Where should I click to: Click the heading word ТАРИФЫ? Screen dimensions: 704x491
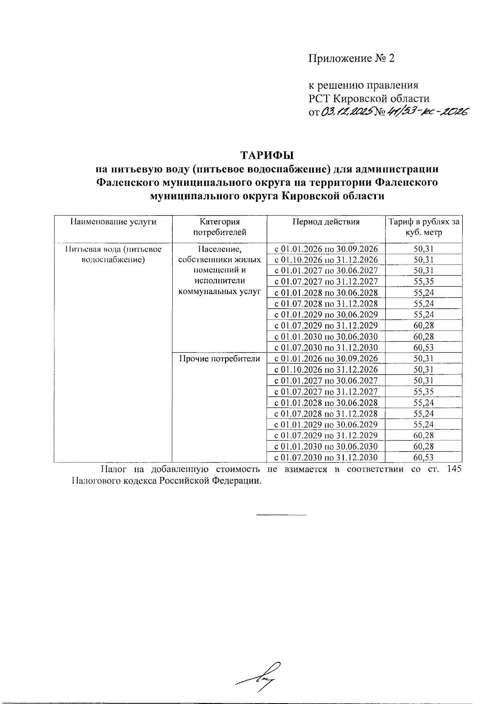267,155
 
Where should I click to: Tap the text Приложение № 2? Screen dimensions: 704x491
351,58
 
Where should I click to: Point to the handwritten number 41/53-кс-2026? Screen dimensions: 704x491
426,111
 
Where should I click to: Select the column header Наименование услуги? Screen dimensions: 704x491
113,222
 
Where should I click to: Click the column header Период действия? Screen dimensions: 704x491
326,222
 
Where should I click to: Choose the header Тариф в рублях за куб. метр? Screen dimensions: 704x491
423,227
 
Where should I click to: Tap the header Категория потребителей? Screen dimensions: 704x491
219,227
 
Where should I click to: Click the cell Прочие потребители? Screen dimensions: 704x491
219,359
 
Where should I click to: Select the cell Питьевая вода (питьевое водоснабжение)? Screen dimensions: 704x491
113,254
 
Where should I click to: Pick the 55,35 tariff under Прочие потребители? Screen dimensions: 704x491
423,391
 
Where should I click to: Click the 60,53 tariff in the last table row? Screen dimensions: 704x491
423,457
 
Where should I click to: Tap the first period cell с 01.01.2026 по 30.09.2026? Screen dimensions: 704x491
326,249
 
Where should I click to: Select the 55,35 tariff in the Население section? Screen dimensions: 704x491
423,281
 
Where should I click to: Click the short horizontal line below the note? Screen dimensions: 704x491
281,514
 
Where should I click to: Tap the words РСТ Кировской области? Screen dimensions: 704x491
369,99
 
